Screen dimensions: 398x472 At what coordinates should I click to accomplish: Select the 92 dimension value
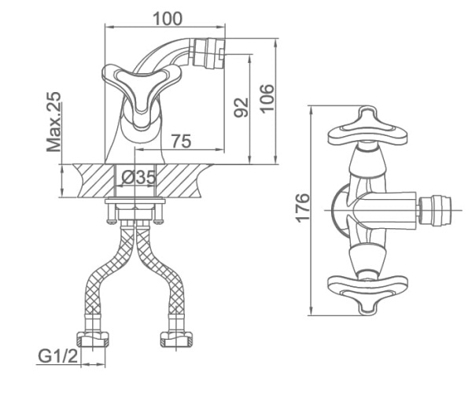(241, 106)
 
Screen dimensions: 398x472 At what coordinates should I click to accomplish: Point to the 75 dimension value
(181, 142)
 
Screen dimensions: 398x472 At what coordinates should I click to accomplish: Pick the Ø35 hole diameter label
(138, 178)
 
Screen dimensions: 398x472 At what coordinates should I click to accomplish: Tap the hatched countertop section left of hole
(93, 182)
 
